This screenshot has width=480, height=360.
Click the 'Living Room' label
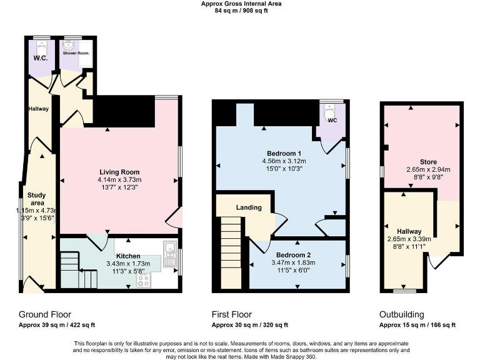119,172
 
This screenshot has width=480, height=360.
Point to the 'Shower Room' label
74,54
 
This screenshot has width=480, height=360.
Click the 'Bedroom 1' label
284,154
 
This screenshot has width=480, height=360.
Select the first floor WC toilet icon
331,115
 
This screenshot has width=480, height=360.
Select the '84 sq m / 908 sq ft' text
241,11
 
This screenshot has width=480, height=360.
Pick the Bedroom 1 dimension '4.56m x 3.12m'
284,161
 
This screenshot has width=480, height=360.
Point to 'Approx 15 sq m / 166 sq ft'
417,325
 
